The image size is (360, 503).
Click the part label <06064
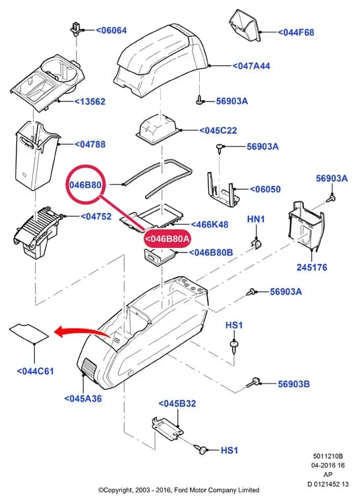tap(111, 30)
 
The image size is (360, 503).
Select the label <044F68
tap(296, 32)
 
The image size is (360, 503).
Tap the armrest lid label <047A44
tap(251, 66)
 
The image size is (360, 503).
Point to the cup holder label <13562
tap(90, 102)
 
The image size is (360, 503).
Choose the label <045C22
tap(218, 131)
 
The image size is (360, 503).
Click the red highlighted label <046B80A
tap(167, 239)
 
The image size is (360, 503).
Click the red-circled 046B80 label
tap(85, 185)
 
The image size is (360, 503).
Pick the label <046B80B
tap(211, 252)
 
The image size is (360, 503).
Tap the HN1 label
tap(256, 220)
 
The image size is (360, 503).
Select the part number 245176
tap(312, 267)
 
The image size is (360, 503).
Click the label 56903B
tap(293, 384)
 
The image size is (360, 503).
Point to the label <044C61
tap(36, 371)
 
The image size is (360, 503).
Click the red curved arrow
tap(84, 332)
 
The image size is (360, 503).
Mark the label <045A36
tap(83, 399)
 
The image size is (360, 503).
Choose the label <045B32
tap(177, 403)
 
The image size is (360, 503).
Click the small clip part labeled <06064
tap(75, 29)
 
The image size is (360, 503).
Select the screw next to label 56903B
tap(253, 382)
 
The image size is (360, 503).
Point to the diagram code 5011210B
tap(328, 456)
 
